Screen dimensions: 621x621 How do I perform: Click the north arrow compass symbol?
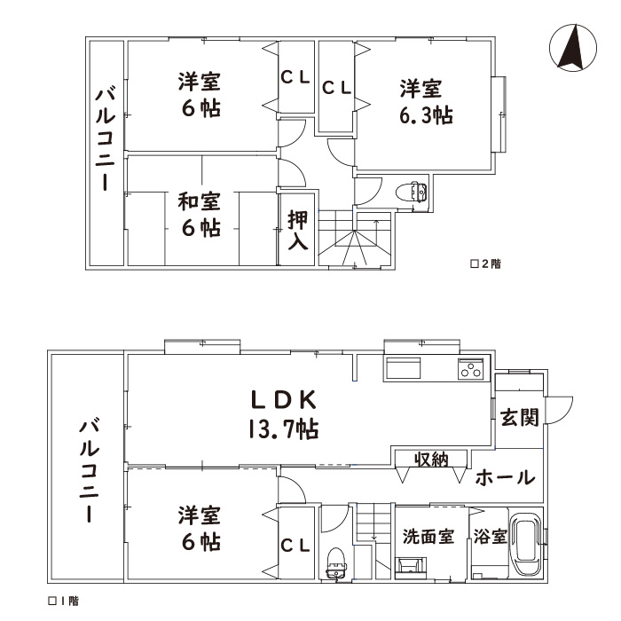pyautogui.click(x=573, y=48)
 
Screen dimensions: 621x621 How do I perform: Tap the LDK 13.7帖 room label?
pyautogui.click(x=284, y=414)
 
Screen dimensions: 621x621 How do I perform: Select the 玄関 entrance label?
pyautogui.click(x=519, y=418)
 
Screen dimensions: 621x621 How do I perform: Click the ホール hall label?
pyautogui.click(x=506, y=477)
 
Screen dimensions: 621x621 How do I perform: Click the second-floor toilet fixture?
pyautogui.click(x=412, y=193)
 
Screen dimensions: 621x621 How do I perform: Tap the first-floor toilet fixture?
pyautogui.click(x=336, y=563)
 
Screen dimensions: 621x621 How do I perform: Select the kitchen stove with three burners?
pyautogui.click(x=471, y=369)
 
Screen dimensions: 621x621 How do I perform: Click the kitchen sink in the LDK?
pyautogui.click(x=404, y=369)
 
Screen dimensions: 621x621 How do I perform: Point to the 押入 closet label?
pyautogui.click(x=297, y=230)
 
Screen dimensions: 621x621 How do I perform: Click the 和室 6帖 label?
pyautogui.click(x=200, y=215)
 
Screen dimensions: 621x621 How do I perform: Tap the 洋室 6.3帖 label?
pyautogui.click(x=426, y=102)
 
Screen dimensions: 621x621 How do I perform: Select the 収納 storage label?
pyautogui.click(x=431, y=460)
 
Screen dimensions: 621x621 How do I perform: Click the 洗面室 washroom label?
pyautogui.click(x=428, y=537)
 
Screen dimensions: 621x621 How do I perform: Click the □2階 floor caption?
pyautogui.click(x=485, y=263)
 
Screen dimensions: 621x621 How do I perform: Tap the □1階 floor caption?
pyautogui.click(x=63, y=601)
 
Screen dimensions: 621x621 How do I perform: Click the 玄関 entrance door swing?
pyautogui.click(x=559, y=411)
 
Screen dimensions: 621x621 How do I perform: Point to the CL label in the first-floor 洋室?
pyautogui.click(x=295, y=546)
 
